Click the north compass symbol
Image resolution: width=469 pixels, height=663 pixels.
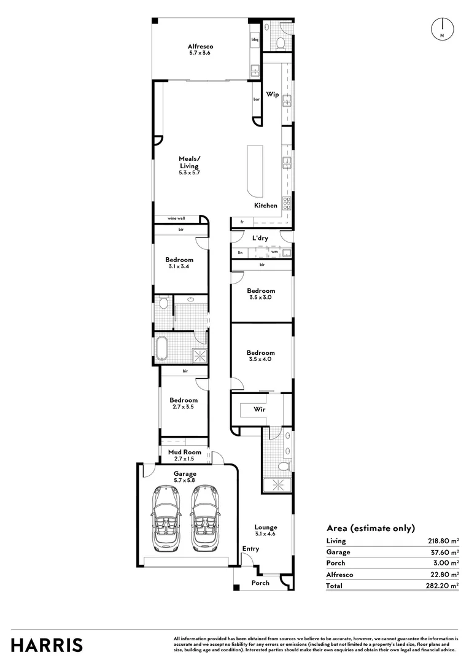pyautogui.click(x=443, y=29)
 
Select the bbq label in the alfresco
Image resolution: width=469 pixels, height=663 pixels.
pyautogui.click(x=255, y=39)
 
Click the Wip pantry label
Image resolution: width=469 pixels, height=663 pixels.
pyautogui.click(x=273, y=95)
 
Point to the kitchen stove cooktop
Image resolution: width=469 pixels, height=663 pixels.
pyautogui.click(x=287, y=203)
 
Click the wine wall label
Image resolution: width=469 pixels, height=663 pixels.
pyautogui.click(x=176, y=218)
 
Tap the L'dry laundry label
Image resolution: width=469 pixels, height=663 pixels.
pyautogui.click(x=260, y=238)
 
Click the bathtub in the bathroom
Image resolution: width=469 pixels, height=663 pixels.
pyautogui.click(x=161, y=349)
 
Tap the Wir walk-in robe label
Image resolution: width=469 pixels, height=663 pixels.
pyautogui.click(x=259, y=409)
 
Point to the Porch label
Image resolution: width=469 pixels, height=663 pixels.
pyautogui.click(x=260, y=583)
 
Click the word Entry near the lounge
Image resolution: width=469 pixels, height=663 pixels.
pyautogui.click(x=250, y=549)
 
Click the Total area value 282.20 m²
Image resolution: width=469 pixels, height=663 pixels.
pyautogui.click(x=442, y=586)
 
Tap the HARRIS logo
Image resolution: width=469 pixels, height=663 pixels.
pyautogui.click(x=47, y=645)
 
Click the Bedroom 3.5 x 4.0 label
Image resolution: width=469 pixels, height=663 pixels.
pyautogui.click(x=260, y=355)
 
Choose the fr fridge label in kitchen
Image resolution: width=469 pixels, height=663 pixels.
pyautogui.click(x=242, y=222)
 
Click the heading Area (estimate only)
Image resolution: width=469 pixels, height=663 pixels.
pyautogui.click(x=371, y=528)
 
